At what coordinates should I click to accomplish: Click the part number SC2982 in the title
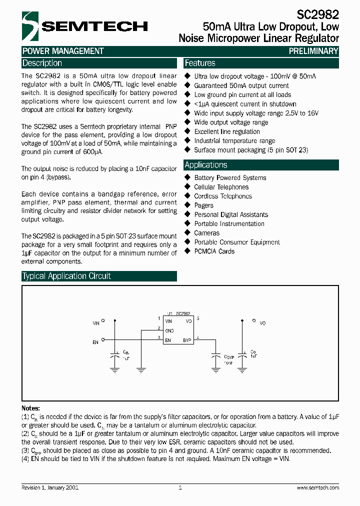click(x=321, y=14)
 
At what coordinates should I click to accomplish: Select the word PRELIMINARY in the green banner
click(x=313, y=51)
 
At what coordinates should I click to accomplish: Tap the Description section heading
click(x=42, y=63)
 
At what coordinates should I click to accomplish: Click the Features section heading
click(x=200, y=63)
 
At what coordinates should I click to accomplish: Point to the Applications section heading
click(x=205, y=165)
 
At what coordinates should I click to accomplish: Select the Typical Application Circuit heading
click(x=66, y=276)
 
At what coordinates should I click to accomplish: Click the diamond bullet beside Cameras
click(x=188, y=233)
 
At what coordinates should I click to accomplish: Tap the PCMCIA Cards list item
click(x=214, y=251)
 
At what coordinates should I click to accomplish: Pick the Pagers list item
click(x=203, y=205)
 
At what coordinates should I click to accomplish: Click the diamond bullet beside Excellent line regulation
click(x=188, y=131)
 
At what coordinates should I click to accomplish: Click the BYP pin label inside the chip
click(x=187, y=340)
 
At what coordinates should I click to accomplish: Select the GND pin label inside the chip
click(x=169, y=330)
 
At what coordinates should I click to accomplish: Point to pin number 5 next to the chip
click(x=198, y=318)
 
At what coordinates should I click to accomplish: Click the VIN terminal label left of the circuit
click(x=96, y=323)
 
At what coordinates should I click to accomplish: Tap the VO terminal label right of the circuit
click(x=262, y=323)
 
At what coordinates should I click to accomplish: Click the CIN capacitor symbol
click(x=115, y=355)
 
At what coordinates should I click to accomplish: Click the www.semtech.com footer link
click(x=317, y=487)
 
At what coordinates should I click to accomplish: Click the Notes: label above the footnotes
click(x=30, y=408)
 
